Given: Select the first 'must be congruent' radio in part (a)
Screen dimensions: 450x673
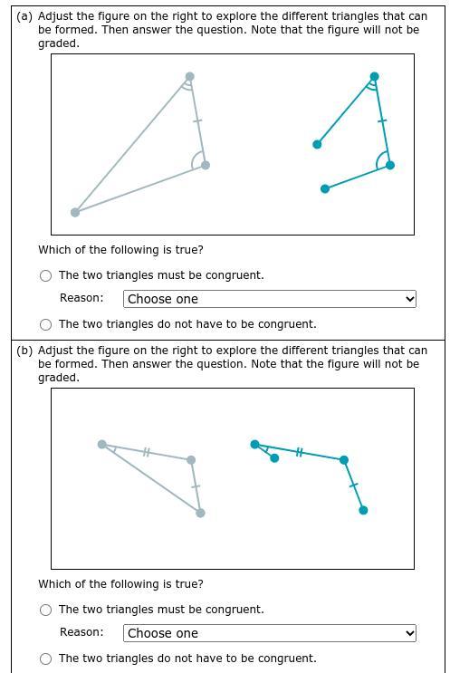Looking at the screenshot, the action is coord(45,275).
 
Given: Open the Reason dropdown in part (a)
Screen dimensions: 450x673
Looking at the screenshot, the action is coord(270,299).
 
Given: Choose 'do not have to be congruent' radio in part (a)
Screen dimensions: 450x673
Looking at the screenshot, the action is coord(45,324).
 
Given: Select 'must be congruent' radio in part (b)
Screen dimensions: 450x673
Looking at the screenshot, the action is coord(45,610).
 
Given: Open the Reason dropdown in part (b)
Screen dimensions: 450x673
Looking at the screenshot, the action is coord(270,633).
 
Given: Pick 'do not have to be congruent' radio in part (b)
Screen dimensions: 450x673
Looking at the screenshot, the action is coord(45,659).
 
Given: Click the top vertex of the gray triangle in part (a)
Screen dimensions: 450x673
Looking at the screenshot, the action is coord(189,76).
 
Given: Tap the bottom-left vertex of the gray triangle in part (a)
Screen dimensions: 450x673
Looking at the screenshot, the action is coord(75,212).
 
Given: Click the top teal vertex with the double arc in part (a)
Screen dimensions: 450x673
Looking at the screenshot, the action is coord(375,76).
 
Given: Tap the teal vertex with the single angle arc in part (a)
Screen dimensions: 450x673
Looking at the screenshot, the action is coord(390,165).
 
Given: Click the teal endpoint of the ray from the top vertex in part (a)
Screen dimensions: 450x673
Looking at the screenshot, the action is coord(317,144).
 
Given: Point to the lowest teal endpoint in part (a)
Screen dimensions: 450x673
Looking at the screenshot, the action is coord(325,188).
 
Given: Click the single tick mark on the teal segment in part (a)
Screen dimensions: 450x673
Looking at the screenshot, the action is coord(382,121).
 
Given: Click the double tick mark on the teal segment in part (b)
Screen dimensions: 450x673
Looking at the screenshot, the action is coord(299,451).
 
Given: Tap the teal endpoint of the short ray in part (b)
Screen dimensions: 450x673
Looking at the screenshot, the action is coord(274,458).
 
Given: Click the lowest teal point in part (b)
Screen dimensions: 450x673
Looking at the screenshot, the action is coord(363,510).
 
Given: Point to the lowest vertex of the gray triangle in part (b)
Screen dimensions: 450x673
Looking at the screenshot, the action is coord(200,513).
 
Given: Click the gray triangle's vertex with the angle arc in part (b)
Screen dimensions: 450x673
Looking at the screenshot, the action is coord(102,444).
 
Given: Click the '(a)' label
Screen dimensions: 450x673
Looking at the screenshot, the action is coord(24,16).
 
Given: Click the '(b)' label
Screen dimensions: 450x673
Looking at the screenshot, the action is coord(24,351).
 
